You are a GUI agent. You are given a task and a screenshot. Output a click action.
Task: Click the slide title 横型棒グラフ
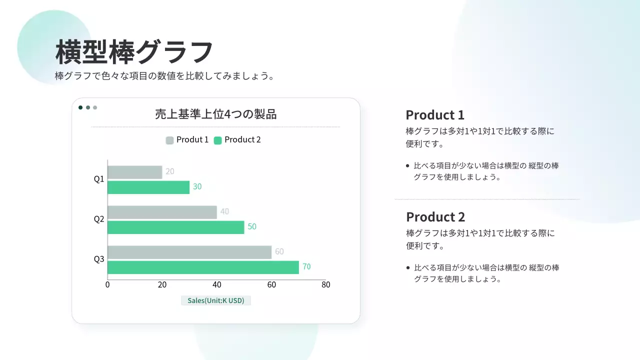134,52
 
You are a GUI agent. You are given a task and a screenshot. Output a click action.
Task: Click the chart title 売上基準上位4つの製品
215,114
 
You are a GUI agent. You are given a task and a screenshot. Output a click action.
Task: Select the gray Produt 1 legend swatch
169,140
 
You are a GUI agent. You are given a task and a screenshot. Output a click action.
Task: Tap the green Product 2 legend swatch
217,140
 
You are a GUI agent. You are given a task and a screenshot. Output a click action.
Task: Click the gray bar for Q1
135,172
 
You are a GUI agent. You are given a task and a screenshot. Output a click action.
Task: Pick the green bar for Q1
148,187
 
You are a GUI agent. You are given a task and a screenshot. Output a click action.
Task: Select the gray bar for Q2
162,212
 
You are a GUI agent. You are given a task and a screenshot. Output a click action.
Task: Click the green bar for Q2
175,227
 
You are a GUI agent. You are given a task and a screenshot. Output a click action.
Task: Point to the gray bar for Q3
189,252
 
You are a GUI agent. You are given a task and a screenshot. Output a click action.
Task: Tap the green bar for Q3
203,267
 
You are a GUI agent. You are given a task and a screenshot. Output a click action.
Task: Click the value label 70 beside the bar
306,266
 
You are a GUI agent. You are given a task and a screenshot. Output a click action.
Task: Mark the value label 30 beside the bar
197,186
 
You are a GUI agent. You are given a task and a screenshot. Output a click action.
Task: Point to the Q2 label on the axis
99,219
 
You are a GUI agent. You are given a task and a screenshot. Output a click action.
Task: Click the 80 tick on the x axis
325,284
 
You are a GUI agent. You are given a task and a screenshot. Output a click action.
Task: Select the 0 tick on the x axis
107,284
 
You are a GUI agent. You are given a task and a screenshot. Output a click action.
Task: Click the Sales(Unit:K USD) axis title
215,300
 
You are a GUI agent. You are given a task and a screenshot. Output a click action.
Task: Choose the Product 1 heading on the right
435,115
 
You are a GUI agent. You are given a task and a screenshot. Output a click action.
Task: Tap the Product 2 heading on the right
435,217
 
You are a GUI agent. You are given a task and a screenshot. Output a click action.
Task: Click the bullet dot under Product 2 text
408,267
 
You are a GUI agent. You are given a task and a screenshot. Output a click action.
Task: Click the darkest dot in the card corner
80,107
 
